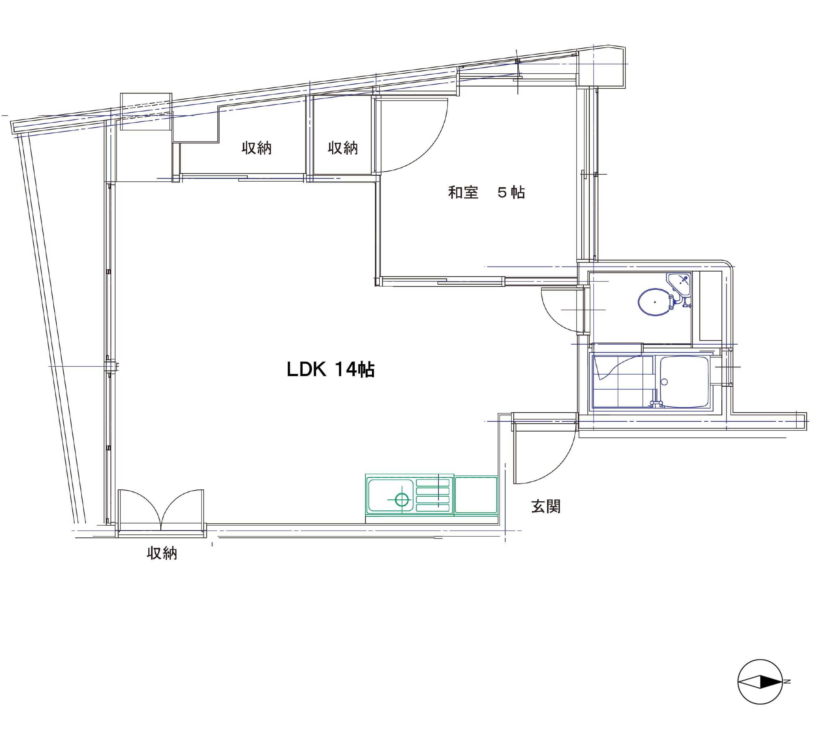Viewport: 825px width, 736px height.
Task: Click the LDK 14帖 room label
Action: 330,369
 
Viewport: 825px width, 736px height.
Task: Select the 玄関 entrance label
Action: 546,506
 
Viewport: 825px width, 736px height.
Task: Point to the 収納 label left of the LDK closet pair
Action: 256,148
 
